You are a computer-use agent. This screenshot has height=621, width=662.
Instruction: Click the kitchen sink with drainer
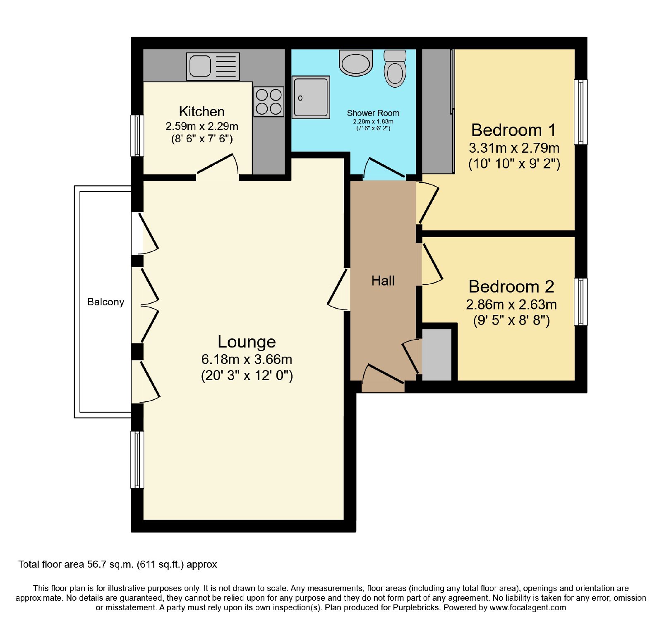pyautogui.click(x=213, y=66)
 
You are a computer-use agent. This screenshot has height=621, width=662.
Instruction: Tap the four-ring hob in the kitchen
pyautogui.click(x=269, y=102)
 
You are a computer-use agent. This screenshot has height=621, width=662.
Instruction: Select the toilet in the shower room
pyautogui.click(x=395, y=69)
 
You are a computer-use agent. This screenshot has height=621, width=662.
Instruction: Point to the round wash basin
pyautogui.click(x=356, y=63)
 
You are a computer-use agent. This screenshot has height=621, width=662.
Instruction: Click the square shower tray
pyautogui.click(x=311, y=97)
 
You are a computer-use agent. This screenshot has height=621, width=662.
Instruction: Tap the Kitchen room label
pyautogui.click(x=202, y=112)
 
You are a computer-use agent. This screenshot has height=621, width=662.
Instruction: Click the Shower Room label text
pyautogui.click(x=373, y=113)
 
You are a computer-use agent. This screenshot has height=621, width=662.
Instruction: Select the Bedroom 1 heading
pyautogui.click(x=513, y=130)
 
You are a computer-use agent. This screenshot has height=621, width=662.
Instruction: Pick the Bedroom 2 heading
pyautogui.click(x=511, y=287)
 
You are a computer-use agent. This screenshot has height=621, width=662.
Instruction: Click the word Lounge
pyautogui.click(x=247, y=342)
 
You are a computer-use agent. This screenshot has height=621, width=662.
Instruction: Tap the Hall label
pyautogui.click(x=383, y=281)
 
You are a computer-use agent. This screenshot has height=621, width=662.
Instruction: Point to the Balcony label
pyautogui.click(x=106, y=302)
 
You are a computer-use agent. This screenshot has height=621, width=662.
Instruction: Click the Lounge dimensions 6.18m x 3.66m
pyautogui.click(x=247, y=359)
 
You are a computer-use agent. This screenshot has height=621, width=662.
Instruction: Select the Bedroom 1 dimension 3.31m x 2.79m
pyautogui.click(x=514, y=148)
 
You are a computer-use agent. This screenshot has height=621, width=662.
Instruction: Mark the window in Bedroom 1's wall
pyautogui.click(x=580, y=112)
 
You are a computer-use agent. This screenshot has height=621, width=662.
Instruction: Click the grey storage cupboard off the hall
pyautogui.click(x=437, y=355)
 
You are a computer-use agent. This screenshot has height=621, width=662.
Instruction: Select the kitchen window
pyautogui.click(x=137, y=136)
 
